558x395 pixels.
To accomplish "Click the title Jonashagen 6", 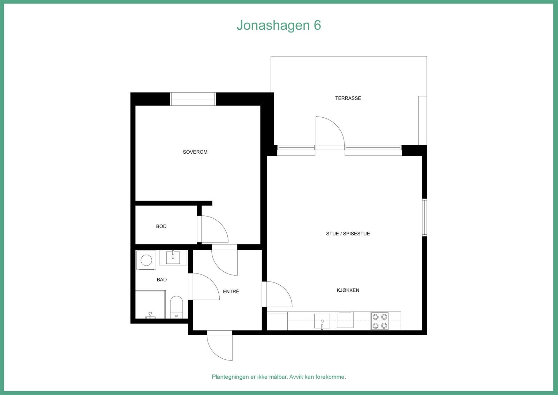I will coord(279,25).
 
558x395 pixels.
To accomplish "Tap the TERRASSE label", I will coord(348,98).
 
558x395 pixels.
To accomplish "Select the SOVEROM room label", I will coord(195,152).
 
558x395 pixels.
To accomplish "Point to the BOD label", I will coord(161,226).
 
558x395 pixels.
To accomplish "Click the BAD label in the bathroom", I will coord(161,279).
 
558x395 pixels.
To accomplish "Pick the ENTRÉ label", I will coord(231,292).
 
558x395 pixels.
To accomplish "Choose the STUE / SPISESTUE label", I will coord(348,234).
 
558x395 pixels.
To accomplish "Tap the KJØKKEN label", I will coord(348,290).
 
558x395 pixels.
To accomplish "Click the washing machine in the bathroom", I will coord(146,260).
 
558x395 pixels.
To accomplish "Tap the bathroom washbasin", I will coord(173,258).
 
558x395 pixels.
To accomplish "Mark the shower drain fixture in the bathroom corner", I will coord(150,315).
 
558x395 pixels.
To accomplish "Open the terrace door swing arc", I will coord(330,131).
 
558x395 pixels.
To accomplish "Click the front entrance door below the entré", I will coord(219,346).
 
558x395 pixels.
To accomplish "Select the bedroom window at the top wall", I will coord(193,99).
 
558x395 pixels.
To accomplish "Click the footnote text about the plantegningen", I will coord(279,377).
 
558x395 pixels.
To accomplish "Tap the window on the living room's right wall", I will coord(424,217).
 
